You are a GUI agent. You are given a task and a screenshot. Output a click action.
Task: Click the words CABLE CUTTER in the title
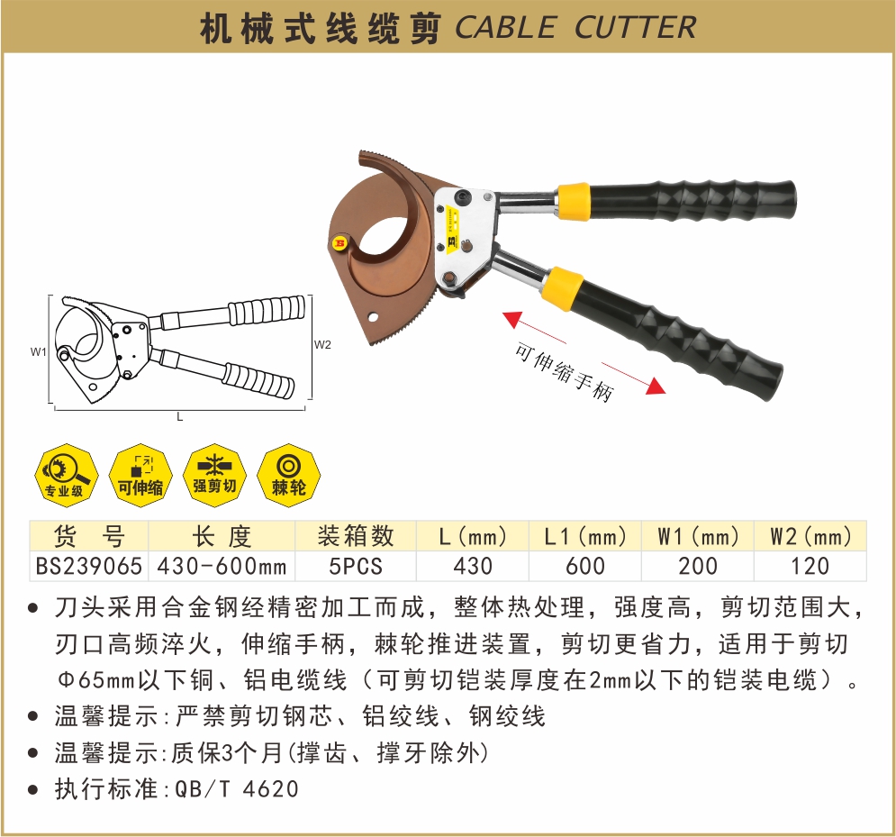pyautogui.click(x=575, y=27)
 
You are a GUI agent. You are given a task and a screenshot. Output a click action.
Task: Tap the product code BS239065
pyautogui.click(x=88, y=566)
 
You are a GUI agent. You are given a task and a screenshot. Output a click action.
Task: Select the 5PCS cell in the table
pyautogui.click(x=356, y=566)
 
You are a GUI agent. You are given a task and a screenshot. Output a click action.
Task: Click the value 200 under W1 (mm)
pyautogui.click(x=698, y=566)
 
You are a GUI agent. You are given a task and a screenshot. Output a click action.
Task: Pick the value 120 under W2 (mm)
pyautogui.click(x=810, y=566)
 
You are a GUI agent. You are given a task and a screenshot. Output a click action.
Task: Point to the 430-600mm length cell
pyautogui.click(x=222, y=566)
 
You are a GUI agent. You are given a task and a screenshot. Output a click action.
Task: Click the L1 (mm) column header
pyautogui.click(x=585, y=536)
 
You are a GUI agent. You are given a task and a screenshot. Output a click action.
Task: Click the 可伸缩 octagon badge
pyautogui.click(x=140, y=475)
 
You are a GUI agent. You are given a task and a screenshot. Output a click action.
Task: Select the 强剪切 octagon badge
pyautogui.click(x=215, y=475)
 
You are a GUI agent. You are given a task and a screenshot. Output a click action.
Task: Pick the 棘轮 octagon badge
pyautogui.click(x=289, y=475)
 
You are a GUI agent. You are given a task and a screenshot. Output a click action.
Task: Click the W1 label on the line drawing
pyautogui.click(x=39, y=352)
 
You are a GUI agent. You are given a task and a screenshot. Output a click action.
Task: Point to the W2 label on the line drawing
pyautogui.click(x=322, y=345)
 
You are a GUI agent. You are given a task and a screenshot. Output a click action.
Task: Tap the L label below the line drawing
pyautogui.click(x=179, y=417)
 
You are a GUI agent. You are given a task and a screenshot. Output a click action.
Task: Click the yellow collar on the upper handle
pyautogui.click(x=573, y=201)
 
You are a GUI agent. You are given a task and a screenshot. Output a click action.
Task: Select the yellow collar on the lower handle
pyautogui.click(x=562, y=288)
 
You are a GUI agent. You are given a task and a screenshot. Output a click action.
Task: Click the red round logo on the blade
pyautogui.click(x=339, y=243)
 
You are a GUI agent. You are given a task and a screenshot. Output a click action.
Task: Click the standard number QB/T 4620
pyautogui.click(x=237, y=789)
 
